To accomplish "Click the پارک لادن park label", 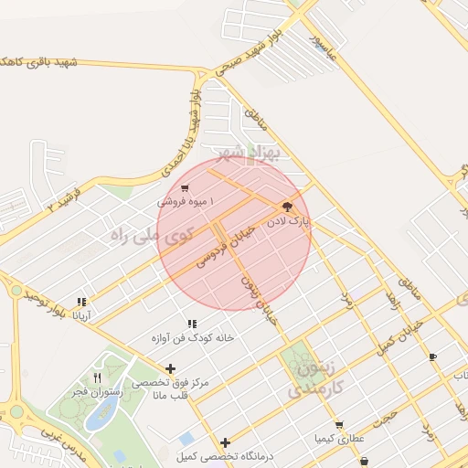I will pyautogui.click(x=289, y=221).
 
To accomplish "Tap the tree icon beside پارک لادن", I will pyautogui.click(x=287, y=207).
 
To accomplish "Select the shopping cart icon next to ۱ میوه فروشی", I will pyautogui.click(x=186, y=187).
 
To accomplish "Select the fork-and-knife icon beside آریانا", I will pyautogui.click(x=82, y=302).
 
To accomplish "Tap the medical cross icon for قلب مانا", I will pyautogui.click(x=170, y=368).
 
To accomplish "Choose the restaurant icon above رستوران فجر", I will pyautogui.click(x=98, y=378).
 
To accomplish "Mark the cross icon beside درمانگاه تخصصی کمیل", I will pyautogui.click(x=225, y=442).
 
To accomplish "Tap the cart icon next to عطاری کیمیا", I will pyautogui.click(x=340, y=425).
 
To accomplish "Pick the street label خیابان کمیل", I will pyautogui.click(x=401, y=334).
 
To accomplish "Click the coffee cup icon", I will pyautogui.click(x=432, y=356).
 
